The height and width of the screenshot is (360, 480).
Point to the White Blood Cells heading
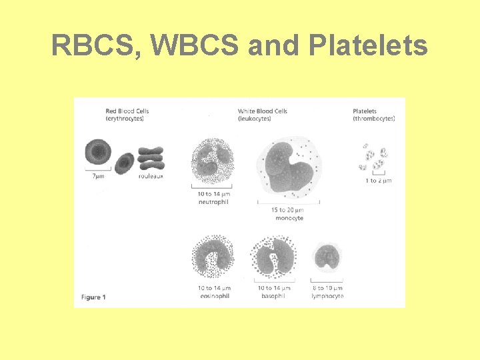pos(262,114)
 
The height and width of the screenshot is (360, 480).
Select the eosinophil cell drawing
pos(213,257)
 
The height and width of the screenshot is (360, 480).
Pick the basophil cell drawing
pos(273,257)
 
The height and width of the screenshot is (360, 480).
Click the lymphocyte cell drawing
pos(327,259)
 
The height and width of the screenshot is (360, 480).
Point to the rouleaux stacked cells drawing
pos(151,158)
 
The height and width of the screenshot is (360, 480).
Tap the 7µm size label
pos(97,176)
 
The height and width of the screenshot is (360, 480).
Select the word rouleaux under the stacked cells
pos(151,176)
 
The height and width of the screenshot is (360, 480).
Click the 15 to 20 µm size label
pos(287,210)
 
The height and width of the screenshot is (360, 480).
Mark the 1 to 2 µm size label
pos(378,181)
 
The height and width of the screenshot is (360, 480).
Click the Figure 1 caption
pos(93,297)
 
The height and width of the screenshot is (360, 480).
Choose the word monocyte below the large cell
pos(287,218)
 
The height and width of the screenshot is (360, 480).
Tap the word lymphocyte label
pos(327,296)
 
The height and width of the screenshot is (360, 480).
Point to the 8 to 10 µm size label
pos(327,288)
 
